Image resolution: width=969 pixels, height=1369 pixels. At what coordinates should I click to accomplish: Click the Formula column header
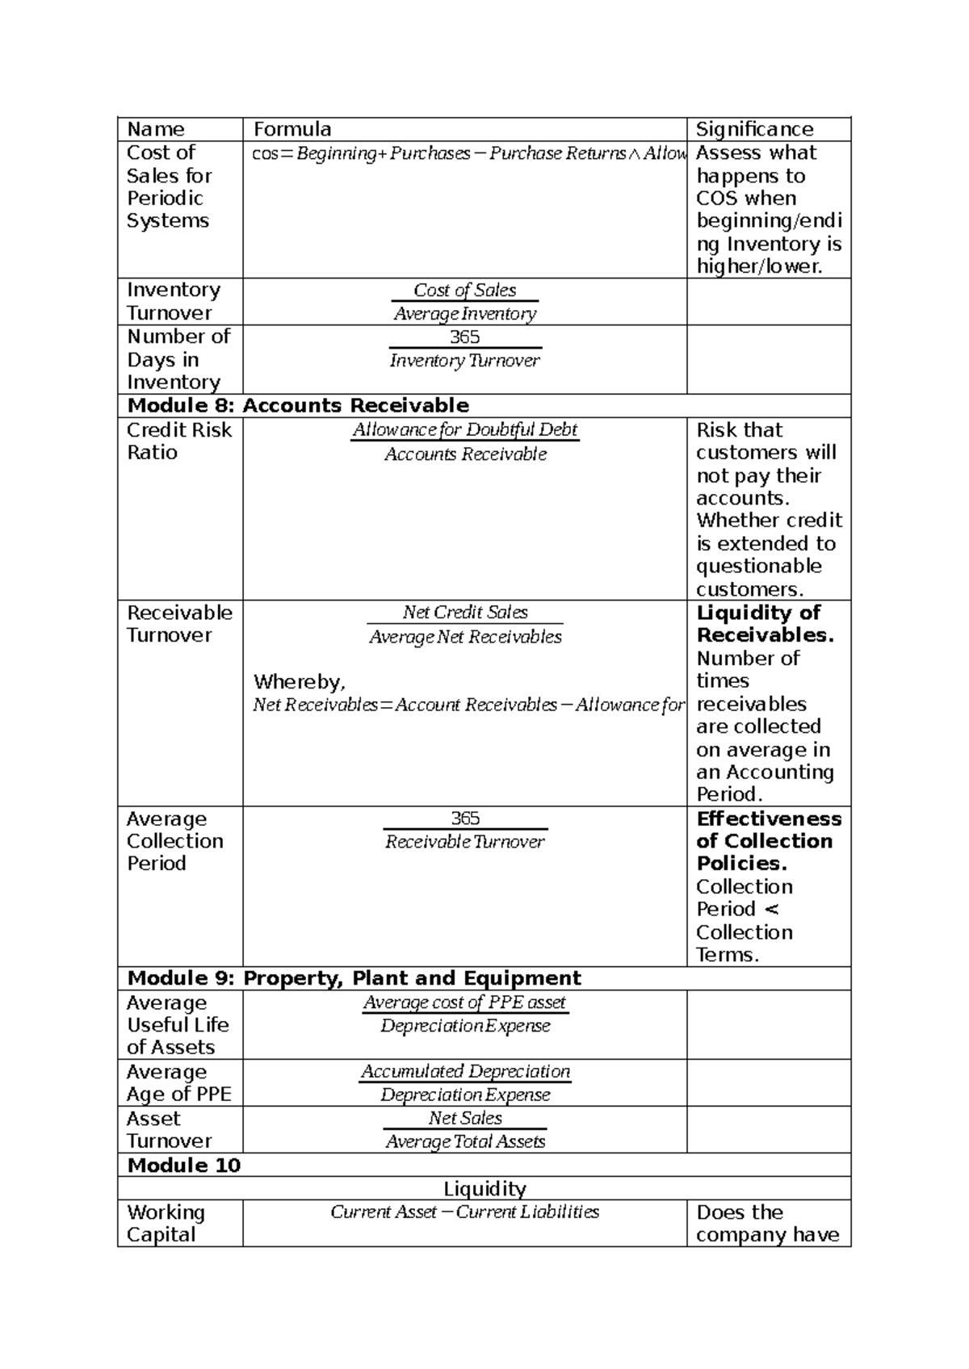pos(292,129)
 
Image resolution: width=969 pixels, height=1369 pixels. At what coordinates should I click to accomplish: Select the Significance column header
pos(754,129)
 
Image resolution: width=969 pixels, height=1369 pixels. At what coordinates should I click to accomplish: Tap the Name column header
pos(156,129)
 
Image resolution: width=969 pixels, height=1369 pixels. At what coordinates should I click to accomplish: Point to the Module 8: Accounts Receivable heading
pos(298,405)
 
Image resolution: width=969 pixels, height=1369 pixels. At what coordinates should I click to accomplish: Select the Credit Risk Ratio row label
pos(179,441)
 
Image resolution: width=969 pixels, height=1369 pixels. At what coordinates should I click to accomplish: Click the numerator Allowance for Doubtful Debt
pos(465,429)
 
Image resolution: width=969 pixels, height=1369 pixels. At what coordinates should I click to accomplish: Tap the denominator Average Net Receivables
pos(465,637)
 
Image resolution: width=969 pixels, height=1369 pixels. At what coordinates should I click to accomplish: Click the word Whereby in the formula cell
pos(299,682)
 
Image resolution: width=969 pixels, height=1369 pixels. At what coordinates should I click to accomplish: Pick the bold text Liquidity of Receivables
pos(764,624)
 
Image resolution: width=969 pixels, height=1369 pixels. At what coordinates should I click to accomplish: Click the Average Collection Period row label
pos(174,841)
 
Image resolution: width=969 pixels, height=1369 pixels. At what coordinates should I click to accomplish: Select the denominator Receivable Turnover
pos(465,842)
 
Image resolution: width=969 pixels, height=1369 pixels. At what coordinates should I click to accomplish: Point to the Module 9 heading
pos(354,978)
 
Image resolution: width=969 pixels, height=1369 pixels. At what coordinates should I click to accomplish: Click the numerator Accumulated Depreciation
pos(465,1071)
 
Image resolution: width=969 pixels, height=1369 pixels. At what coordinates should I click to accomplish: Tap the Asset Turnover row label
pos(169,1129)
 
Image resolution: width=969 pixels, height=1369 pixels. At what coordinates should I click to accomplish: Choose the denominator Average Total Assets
pos(465,1141)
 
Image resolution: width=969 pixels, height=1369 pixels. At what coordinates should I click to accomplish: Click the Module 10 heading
pos(184,1165)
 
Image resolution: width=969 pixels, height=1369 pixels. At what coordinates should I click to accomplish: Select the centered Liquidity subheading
pos(484,1188)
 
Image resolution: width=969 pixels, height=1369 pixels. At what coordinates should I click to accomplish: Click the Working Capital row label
pos(166,1224)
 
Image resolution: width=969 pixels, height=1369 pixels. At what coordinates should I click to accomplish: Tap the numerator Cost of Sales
pos(464,290)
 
